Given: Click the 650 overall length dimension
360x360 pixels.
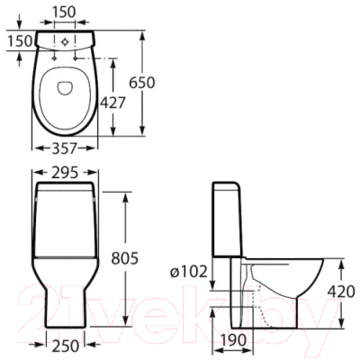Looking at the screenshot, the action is point(142,83).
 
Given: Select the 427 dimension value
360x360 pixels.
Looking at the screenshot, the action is point(112,103).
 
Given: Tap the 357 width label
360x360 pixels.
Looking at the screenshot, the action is point(65,148).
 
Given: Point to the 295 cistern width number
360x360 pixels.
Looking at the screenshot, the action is point(65,173).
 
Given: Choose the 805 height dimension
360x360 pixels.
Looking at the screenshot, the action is point(124,258).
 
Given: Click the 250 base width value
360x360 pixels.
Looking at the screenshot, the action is point(65,346).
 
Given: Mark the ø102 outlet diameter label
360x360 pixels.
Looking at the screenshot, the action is point(189,272).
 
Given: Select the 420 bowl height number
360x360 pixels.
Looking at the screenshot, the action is point(341,291).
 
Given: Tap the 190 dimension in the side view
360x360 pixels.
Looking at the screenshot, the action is point(233,340).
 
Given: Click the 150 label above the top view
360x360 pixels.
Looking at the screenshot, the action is point(65,13).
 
